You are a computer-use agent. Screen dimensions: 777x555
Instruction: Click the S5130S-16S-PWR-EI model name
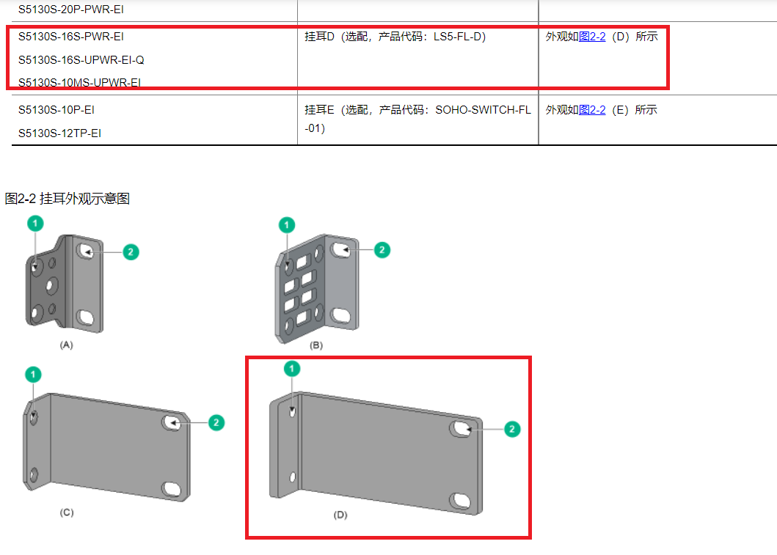[71, 37]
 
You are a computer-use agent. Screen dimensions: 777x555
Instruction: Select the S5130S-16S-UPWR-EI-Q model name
[81, 60]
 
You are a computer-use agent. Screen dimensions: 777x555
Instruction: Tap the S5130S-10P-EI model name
[56, 110]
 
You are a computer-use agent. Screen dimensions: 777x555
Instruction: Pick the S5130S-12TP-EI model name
[59, 133]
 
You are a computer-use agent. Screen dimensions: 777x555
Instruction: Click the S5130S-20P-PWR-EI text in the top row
[71, 10]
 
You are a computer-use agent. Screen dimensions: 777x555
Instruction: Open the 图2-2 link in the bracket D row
[592, 37]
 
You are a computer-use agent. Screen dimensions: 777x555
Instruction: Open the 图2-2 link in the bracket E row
[592, 110]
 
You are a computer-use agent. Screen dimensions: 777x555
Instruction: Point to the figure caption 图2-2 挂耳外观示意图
[68, 199]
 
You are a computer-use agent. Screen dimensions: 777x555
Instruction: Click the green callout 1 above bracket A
[35, 224]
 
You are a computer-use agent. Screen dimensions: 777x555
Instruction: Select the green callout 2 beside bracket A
[131, 252]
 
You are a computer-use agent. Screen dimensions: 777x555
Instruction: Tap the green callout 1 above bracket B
[287, 225]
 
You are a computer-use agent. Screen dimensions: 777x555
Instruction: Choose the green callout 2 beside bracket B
[382, 250]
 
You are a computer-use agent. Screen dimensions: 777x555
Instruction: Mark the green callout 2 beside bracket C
[216, 423]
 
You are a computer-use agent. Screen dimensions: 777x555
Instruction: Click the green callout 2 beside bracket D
[512, 429]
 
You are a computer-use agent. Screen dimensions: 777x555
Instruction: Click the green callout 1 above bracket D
[292, 369]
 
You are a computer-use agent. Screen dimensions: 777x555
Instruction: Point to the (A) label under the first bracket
[67, 345]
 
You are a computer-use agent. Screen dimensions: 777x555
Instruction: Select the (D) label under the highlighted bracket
[340, 515]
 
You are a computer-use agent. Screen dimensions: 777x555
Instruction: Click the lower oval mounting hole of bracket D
[461, 501]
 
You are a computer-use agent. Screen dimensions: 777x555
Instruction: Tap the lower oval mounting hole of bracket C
[172, 489]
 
